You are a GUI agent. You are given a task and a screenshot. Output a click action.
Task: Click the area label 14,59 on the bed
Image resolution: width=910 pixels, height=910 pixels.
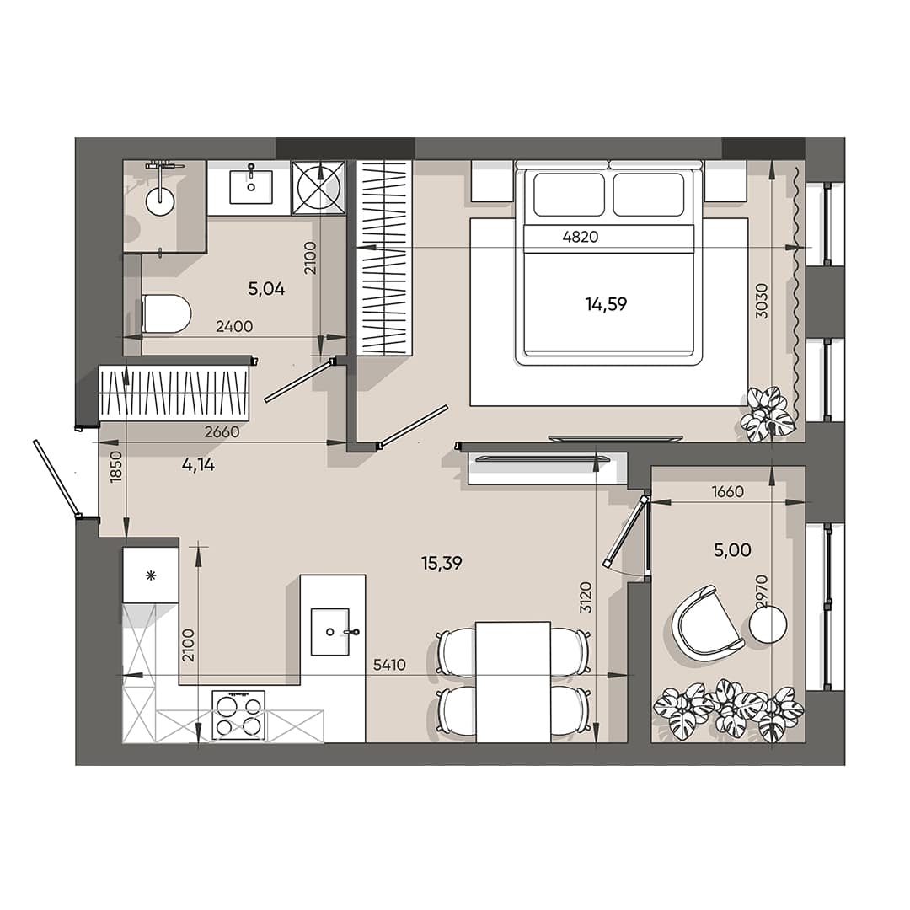(x=606, y=304)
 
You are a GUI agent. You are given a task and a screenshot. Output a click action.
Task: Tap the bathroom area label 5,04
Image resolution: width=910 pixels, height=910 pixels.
(x=266, y=289)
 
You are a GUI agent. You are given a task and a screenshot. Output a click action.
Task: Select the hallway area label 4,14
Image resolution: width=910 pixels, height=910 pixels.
(x=198, y=463)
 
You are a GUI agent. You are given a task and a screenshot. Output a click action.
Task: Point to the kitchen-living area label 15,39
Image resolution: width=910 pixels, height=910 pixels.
(x=442, y=564)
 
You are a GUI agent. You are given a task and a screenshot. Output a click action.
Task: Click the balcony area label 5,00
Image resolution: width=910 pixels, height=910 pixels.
(x=732, y=550)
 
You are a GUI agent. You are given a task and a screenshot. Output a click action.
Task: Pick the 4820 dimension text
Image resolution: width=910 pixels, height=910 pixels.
(x=580, y=237)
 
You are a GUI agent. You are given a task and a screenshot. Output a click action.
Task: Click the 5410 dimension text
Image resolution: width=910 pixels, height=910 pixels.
(x=389, y=665)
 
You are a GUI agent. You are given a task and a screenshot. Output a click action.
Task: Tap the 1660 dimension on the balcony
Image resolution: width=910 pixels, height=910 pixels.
(x=727, y=491)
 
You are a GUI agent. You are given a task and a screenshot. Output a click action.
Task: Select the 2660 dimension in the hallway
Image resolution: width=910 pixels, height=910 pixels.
(x=222, y=432)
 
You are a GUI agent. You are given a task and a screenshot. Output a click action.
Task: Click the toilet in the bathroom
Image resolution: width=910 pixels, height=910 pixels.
(x=166, y=313)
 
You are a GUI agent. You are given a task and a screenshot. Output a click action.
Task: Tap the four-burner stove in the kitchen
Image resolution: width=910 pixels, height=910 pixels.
(x=238, y=715)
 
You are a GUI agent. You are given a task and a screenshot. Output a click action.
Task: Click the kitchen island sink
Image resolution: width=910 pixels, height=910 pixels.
(x=330, y=631)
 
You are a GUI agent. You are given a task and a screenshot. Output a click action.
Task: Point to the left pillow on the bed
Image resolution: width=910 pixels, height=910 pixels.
(x=569, y=195)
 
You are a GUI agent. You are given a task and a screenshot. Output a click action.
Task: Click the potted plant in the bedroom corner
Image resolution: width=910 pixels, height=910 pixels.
(x=768, y=414)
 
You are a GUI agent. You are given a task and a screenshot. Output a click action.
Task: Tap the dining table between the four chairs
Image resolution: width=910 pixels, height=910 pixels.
(x=513, y=682)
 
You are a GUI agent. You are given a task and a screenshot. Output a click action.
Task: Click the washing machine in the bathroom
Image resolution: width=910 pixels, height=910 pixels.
(x=319, y=187)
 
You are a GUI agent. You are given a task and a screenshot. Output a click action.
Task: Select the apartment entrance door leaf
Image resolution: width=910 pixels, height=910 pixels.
(x=56, y=478)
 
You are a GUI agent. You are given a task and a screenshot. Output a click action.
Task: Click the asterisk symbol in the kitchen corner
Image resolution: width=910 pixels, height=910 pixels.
(x=151, y=575)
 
